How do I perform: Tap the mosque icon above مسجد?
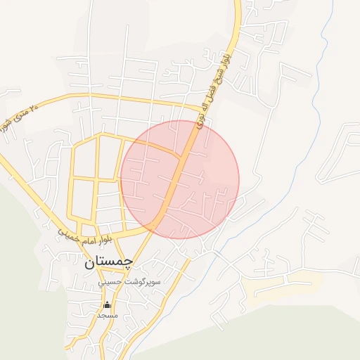(107, 304)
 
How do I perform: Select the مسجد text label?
(107, 315)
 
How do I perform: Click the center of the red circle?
(180, 179)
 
